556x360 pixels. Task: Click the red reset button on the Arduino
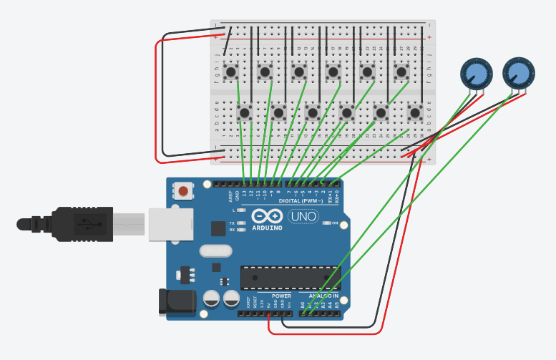(184, 191)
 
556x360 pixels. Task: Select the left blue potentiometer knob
(477, 73)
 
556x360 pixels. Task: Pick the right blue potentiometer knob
(518, 72)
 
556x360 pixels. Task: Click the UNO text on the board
(303, 216)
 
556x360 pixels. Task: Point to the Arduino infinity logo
(266, 216)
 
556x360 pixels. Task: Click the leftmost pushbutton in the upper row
(230, 72)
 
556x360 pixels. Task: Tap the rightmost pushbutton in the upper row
(401, 72)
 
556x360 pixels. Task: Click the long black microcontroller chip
(290, 278)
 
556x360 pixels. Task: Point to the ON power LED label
(334, 223)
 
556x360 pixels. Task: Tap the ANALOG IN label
(323, 296)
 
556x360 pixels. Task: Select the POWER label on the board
(281, 296)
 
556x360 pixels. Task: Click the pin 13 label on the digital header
(245, 194)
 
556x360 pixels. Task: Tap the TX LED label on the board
(232, 223)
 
